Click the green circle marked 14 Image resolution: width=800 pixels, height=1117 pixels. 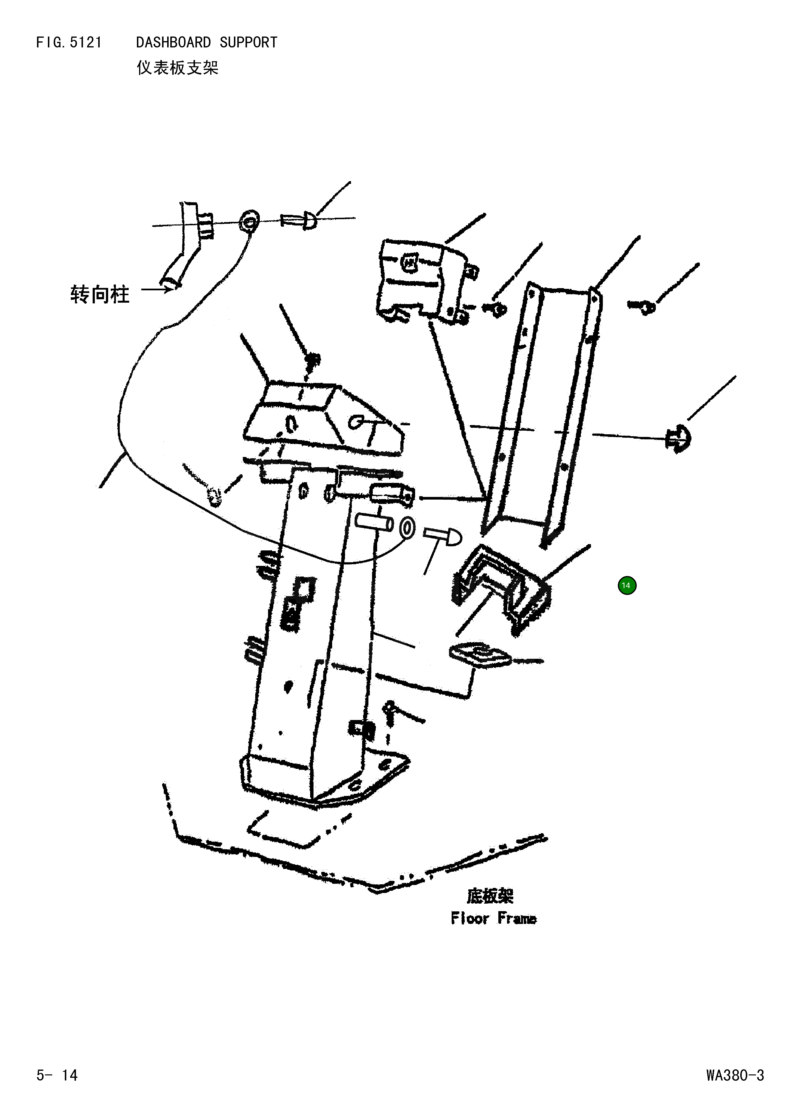(x=627, y=585)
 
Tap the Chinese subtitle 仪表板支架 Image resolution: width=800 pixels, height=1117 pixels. (x=177, y=67)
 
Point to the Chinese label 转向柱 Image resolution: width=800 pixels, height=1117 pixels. (x=100, y=294)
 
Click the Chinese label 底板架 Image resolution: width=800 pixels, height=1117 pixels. (x=490, y=896)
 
